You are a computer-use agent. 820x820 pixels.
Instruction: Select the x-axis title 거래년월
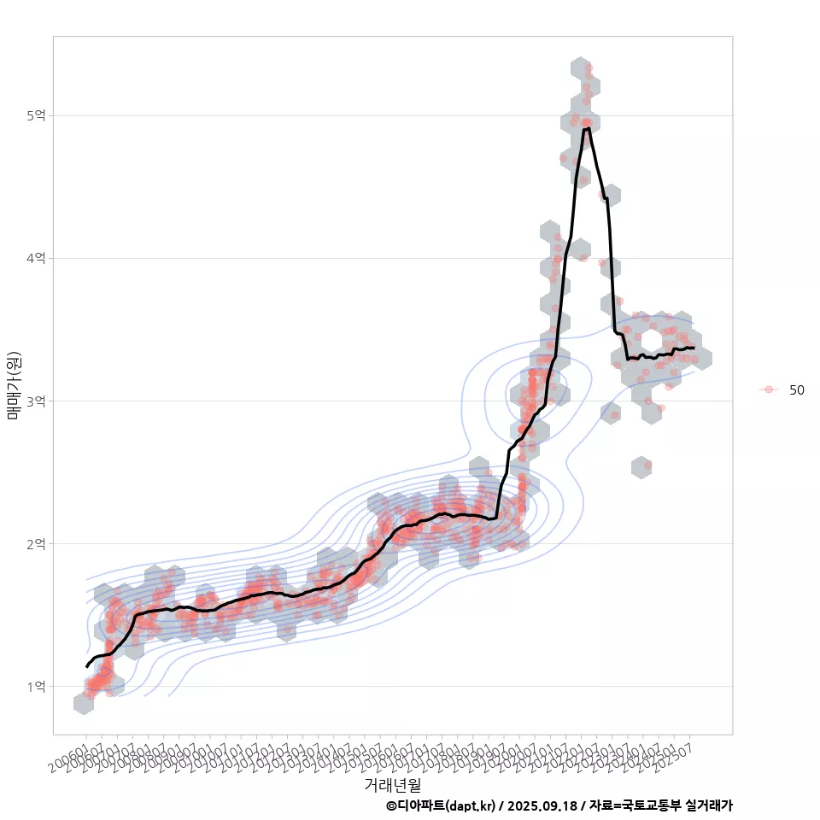392,784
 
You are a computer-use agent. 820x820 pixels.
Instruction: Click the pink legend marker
769,389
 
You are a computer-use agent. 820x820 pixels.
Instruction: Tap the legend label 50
796,389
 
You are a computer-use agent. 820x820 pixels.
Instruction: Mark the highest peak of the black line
587,128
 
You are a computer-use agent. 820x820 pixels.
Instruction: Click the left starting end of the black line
86,666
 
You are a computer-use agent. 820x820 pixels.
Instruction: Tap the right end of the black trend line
694,348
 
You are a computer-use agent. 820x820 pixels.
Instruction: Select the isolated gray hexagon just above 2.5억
642,467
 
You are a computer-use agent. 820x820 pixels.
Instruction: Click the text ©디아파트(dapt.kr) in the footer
440,805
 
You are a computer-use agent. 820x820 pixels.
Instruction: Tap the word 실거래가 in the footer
709,805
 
